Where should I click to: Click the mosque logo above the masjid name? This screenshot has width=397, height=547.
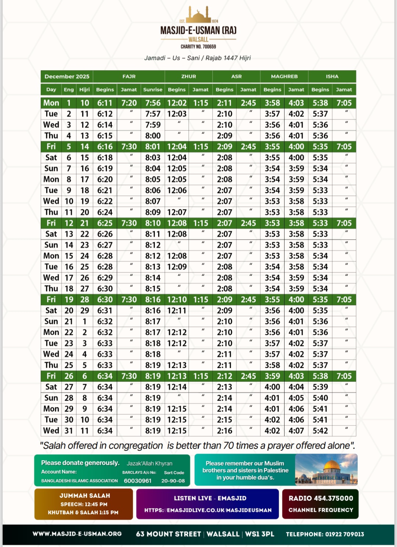point(198,15)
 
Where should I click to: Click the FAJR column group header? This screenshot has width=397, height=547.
point(129,76)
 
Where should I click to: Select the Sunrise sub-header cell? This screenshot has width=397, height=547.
point(153,89)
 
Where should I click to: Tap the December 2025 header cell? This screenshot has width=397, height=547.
point(67,76)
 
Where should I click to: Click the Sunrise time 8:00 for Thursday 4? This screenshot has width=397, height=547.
point(153,136)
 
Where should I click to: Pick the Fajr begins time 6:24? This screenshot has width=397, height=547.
point(105,212)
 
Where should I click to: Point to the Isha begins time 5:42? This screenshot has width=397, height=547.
point(320,430)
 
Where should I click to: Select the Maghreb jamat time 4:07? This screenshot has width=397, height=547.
point(296,430)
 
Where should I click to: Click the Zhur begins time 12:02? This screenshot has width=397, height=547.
point(177,103)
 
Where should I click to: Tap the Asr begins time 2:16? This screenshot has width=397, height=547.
point(225,430)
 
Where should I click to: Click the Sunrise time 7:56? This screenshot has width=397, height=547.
point(153,103)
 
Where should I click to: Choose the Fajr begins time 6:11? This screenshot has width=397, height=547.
point(105,103)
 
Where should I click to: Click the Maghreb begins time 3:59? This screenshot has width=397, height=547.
point(272,376)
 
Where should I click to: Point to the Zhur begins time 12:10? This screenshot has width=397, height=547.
point(177,300)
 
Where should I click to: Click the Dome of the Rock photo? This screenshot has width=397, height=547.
point(326,470)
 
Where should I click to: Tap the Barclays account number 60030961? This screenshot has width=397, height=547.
point(137,480)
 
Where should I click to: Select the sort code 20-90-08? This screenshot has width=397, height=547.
point(173,480)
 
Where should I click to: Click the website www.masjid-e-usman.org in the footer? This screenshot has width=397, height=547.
point(77,534)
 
